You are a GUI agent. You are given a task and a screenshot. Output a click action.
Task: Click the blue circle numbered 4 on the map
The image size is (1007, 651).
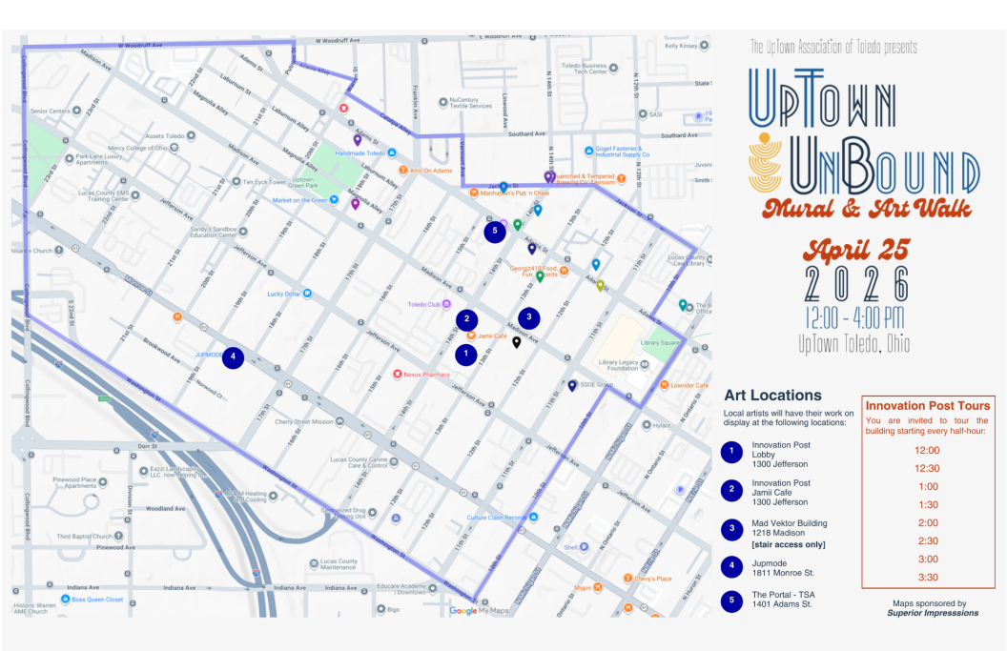tap(233, 357)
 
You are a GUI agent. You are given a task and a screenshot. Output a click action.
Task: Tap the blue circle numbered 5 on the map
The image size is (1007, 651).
tap(494, 231)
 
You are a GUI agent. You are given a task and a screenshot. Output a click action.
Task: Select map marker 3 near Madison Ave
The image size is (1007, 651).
tap(528, 318)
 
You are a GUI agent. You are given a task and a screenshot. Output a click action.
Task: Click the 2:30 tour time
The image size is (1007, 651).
tap(927, 540)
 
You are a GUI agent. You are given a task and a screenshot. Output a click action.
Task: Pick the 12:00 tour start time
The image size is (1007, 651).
tap(927, 450)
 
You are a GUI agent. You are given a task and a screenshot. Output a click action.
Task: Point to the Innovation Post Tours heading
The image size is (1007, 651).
tap(927, 406)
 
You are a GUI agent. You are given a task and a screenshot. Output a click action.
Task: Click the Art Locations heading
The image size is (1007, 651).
tap(772, 395)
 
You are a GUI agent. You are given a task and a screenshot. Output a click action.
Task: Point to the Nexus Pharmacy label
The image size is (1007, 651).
tap(425, 375)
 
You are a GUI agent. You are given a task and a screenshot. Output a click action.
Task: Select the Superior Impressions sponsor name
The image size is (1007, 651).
tap(932, 613)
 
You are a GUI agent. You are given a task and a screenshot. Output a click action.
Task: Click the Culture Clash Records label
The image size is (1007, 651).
tap(496, 518)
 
